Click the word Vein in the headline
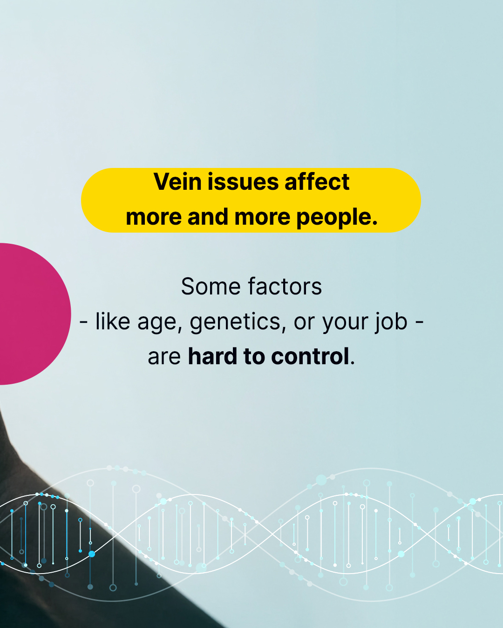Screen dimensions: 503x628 tap(178, 181)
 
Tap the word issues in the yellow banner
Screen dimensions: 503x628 tap(243, 181)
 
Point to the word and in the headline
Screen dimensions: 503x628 tap(208, 216)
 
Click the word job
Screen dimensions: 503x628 tap(391, 321)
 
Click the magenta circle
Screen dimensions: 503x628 tap(29, 314)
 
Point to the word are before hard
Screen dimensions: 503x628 tap(164, 357)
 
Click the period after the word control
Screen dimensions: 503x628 tap(353, 363)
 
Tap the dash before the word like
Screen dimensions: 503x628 tap(83, 323)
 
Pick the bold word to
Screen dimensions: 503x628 tap(254, 357)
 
